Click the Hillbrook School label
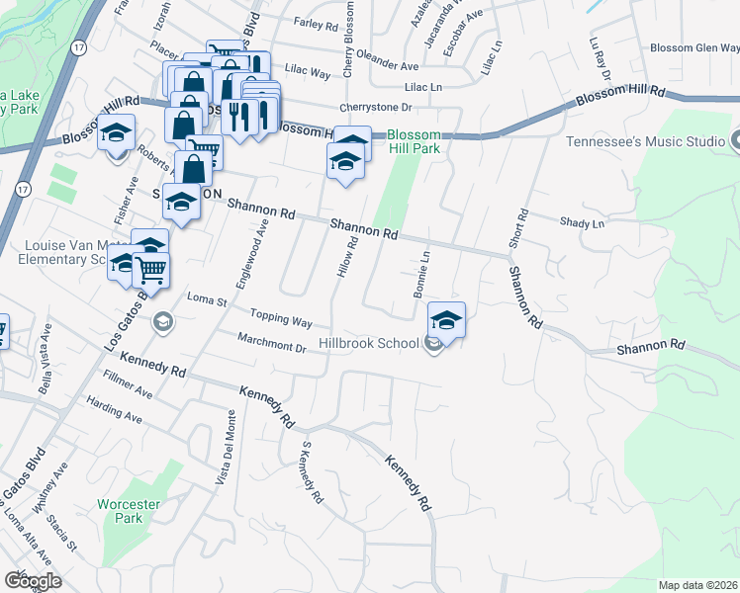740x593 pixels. click(x=368, y=344)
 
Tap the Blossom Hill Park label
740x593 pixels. click(x=413, y=142)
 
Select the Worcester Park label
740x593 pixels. click(x=129, y=511)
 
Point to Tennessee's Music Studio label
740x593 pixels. click(x=646, y=141)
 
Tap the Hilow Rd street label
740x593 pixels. click(x=347, y=256)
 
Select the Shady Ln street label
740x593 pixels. click(x=582, y=224)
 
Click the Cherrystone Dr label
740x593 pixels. click(x=374, y=107)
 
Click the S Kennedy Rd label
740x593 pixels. click(x=311, y=473)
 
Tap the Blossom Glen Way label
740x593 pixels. click(x=694, y=48)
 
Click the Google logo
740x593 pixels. click(x=32, y=581)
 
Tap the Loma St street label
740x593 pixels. click(x=208, y=298)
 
